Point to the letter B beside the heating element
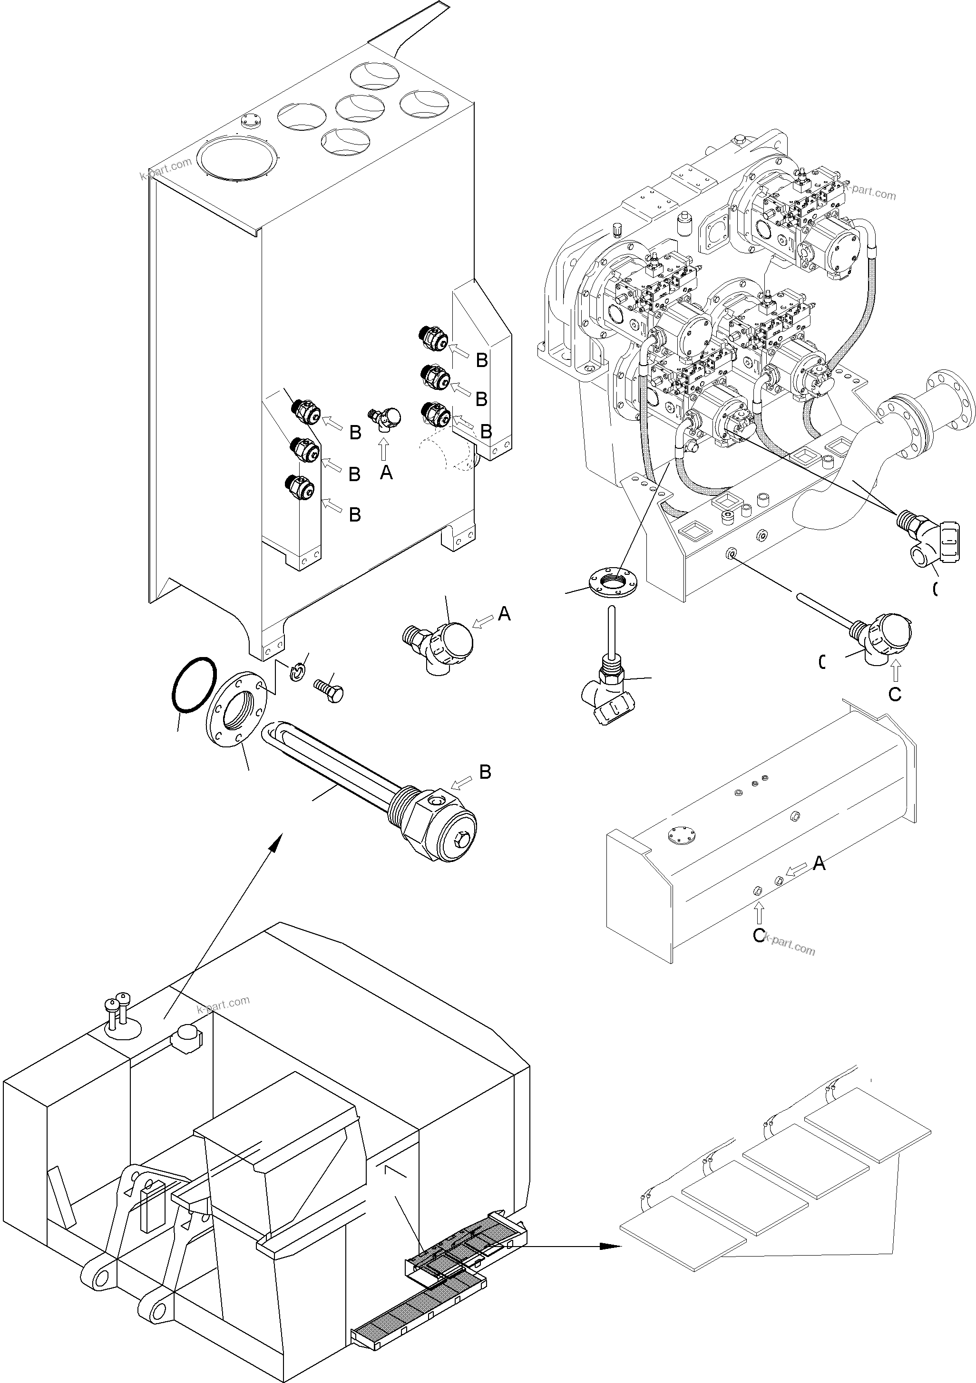(485, 772)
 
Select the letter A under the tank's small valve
(386, 473)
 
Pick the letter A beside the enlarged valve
(504, 614)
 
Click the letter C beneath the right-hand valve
(895, 695)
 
